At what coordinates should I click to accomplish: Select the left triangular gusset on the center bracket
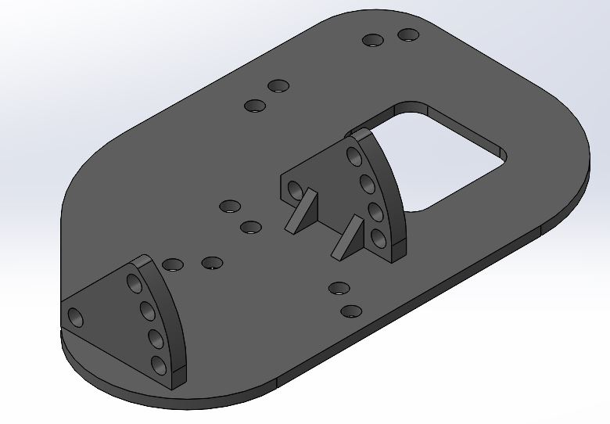(x=301, y=213)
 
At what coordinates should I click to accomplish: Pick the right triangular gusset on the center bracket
(x=346, y=239)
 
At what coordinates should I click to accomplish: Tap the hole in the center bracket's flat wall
(x=295, y=190)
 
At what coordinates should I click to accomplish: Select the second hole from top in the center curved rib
(x=365, y=185)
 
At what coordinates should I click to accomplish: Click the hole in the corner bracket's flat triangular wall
(x=75, y=318)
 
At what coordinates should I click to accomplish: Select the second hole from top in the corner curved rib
(x=147, y=311)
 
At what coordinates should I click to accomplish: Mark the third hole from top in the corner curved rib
(x=154, y=339)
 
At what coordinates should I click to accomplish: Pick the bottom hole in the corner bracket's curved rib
(x=159, y=365)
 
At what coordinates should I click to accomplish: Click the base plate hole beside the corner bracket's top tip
(x=173, y=264)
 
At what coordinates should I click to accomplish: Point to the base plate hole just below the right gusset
(x=338, y=288)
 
